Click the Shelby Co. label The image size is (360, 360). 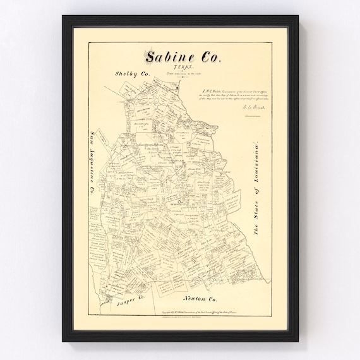[x=132, y=74]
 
